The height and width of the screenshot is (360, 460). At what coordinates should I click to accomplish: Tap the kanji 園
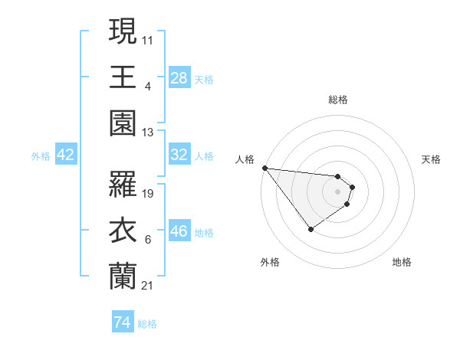tap(123, 122)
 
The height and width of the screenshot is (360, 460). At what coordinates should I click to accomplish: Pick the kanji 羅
tap(123, 184)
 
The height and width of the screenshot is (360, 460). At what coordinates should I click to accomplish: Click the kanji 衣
tap(123, 230)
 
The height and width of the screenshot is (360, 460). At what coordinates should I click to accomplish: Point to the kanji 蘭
tap(123, 275)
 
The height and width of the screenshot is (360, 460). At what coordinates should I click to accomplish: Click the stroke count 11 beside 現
tap(148, 40)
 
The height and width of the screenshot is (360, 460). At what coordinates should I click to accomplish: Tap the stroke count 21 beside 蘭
tap(148, 286)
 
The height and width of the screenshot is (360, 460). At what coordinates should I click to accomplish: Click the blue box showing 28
tap(179, 77)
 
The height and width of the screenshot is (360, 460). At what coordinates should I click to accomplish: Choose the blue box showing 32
tap(179, 155)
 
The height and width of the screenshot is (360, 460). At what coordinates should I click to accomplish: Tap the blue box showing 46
tap(179, 231)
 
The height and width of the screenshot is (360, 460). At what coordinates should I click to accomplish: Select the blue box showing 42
tap(66, 155)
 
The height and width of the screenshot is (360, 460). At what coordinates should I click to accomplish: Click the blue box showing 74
tap(122, 322)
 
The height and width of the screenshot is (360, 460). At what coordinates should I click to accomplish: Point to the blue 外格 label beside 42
tap(41, 156)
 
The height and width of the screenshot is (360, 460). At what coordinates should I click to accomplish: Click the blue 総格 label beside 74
tap(147, 324)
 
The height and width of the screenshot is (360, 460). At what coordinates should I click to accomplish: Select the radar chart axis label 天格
tap(431, 159)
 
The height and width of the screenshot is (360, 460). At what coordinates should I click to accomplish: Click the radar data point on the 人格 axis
tap(264, 168)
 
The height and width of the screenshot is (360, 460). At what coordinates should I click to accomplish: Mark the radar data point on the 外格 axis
tap(310, 229)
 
